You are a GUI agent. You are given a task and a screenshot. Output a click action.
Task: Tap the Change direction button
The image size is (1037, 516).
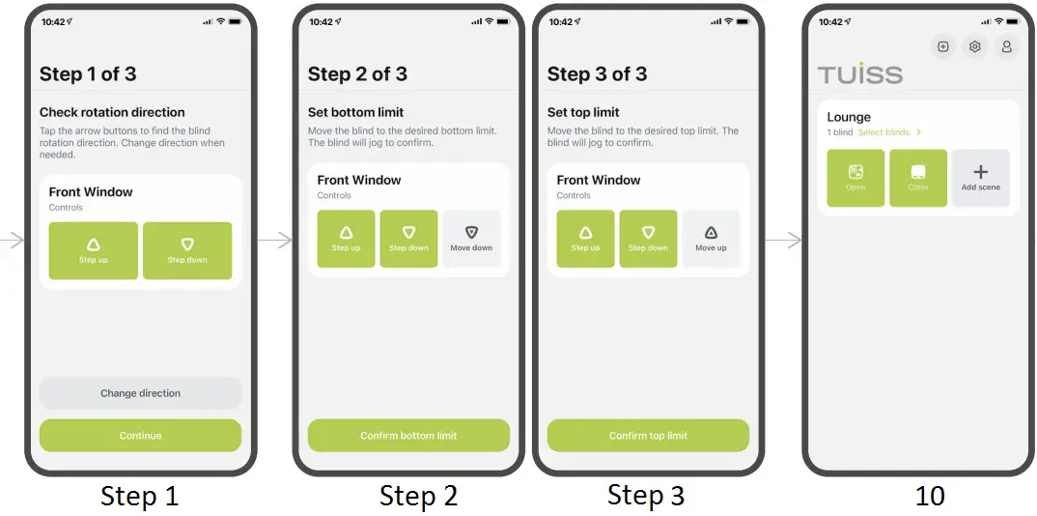pos(140,393)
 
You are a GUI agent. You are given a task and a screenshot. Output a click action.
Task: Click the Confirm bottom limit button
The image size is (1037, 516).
pos(408,436)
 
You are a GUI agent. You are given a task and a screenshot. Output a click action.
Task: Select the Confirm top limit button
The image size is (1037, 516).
pos(648,436)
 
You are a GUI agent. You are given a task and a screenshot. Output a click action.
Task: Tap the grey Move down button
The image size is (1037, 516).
pos(471,239)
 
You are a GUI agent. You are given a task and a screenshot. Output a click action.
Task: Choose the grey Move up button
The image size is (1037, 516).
pos(711,239)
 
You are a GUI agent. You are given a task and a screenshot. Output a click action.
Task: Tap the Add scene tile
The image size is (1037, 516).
pos(980,178)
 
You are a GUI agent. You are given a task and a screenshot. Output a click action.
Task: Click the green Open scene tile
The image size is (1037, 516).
pos(855,178)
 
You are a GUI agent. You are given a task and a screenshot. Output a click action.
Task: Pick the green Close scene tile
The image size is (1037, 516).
pos(918,178)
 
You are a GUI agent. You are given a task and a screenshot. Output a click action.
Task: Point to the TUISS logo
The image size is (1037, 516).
pos(860,74)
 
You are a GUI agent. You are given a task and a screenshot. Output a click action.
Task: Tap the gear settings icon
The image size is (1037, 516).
pos(975,46)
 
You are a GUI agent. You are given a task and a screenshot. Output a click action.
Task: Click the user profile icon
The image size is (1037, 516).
pos(1006,46)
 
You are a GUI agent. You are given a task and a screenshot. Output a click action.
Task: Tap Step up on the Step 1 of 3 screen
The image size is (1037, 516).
pos(94,251)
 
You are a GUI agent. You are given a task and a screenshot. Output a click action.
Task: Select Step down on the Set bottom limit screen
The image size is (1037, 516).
pos(408,239)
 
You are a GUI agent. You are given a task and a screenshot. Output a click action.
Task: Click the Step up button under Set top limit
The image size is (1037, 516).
pos(585,239)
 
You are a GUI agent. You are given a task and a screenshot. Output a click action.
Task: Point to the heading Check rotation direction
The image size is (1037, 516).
pos(112,112)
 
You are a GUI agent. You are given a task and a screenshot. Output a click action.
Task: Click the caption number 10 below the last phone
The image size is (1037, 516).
pos(929,496)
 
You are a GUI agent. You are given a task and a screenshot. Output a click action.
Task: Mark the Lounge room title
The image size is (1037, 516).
pos(849,117)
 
